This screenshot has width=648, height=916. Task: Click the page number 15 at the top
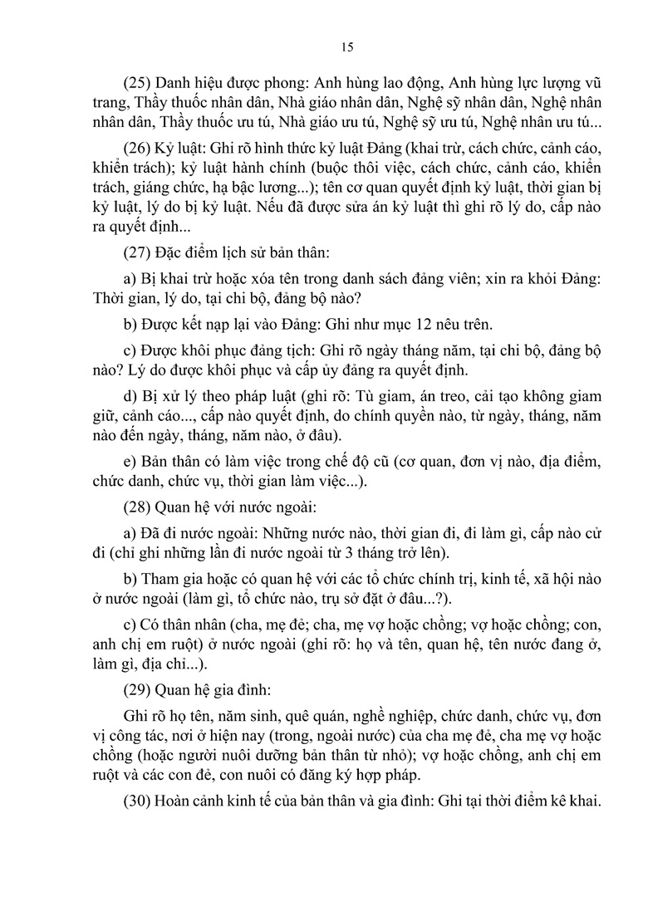click(347, 47)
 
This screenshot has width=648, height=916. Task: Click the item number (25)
click(138, 84)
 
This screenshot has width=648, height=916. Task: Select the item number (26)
click(138, 149)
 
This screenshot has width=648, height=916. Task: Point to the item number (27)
click(138, 255)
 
